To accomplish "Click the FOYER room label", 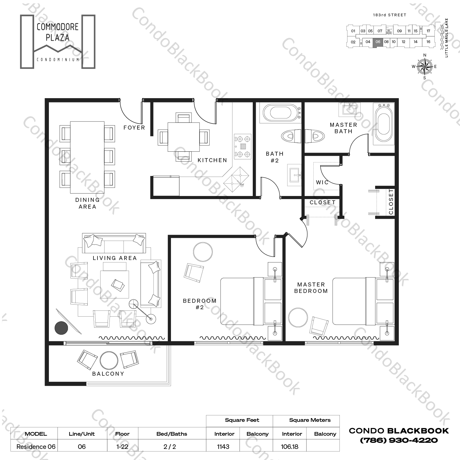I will coord(134,127).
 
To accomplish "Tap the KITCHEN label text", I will coord(212,160).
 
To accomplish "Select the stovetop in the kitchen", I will coord(243,146).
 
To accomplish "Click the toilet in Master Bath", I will coord(315,136).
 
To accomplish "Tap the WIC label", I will coord(322,182).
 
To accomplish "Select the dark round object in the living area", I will coord(61,328).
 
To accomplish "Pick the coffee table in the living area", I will coord(115,284).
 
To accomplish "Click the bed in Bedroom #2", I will coord(242,301).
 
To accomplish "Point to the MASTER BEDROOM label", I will coord(311,288).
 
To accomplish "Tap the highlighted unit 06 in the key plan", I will coord(378,42).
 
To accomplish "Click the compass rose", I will coord(425,66).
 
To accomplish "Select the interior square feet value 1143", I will coord(223,446).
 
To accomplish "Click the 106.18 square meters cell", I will coord(289,446).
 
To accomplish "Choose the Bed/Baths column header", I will coord(172,434).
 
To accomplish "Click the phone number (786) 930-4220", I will coord(399,440).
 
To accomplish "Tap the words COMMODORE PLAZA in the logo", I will coord(57,32).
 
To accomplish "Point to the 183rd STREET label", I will coord(389,15).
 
